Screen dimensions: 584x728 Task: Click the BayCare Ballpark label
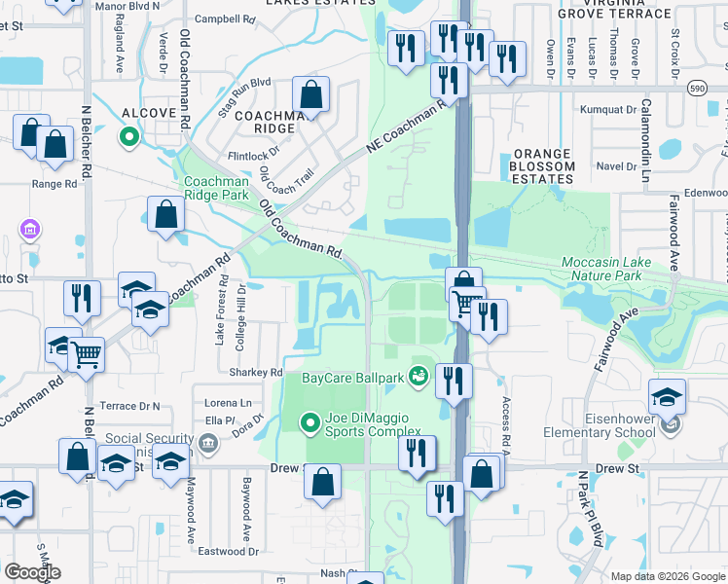pos(353,377)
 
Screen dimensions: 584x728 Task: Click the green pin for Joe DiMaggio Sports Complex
pos(309,422)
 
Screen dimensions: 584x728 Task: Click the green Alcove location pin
pos(127,137)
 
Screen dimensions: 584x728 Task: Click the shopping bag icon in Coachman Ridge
pos(310,95)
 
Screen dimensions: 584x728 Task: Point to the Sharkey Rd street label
pos(255,373)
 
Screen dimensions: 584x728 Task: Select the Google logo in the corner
pos(33,571)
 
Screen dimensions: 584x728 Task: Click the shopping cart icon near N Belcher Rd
pos(87,354)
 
